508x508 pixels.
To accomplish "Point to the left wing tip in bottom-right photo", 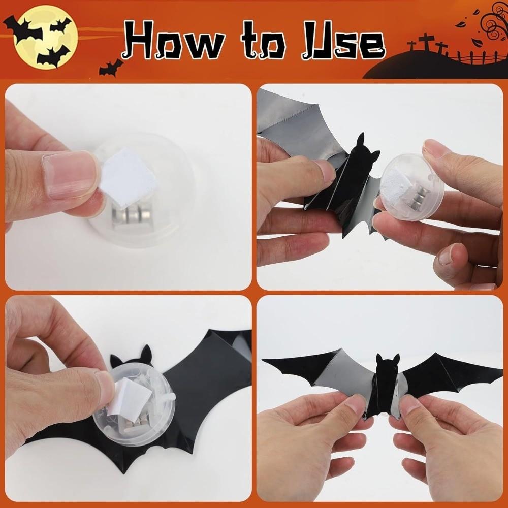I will point(267,361).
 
